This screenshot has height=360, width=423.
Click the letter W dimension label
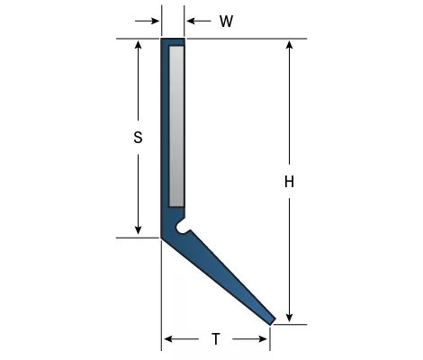pyautogui.click(x=226, y=22)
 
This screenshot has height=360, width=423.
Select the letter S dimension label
pyautogui.click(x=138, y=138)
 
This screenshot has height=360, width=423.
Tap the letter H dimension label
pyautogui.click(x=289, y=182)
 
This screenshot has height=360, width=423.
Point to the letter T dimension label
pyautogui.click(x=216, y=339)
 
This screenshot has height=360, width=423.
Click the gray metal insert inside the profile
pyautogui.click(x=176, y=126)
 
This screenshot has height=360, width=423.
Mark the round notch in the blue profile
pyautogui.click(x=182, y=227)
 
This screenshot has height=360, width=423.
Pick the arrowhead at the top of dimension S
pyautogui.click(x=138, y=45)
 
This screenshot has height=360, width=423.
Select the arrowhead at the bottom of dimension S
pyautogui.click(x=138, y=230)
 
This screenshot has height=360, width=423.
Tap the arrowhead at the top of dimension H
pyautogui.click(x=289, y=45)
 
